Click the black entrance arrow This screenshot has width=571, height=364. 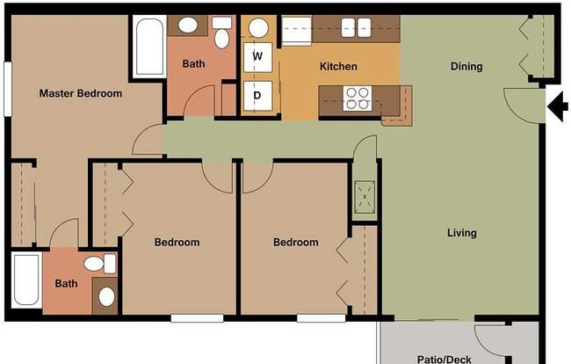(x=557, y=106)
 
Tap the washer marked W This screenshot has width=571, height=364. (x=257, y=57)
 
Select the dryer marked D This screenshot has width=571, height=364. (x=257, y=96)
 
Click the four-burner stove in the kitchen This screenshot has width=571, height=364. (x=358, y=98)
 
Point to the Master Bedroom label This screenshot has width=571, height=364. (x=81, y=94)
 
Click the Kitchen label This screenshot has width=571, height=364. (x=338, y=66)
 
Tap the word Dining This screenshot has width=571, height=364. (x=466, y=66)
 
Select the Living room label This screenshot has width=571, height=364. (x=462, y=233)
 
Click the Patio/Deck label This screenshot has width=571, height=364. (x=444, y=360)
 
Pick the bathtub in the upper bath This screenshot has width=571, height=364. (x=149, y=47)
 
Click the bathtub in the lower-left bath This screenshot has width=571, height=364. (x=26, y=280)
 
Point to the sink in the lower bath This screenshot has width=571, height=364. (x=106, y=296)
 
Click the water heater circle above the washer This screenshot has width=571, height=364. (x=258, y=27)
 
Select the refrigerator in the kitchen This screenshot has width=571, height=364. (x=297, y=30)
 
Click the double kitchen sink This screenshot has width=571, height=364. (x=356, y=27)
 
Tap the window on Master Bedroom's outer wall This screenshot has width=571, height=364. (x=7, y=90)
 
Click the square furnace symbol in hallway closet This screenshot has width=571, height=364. (x=365, y=197)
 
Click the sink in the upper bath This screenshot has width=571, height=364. (x=188, y=25)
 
